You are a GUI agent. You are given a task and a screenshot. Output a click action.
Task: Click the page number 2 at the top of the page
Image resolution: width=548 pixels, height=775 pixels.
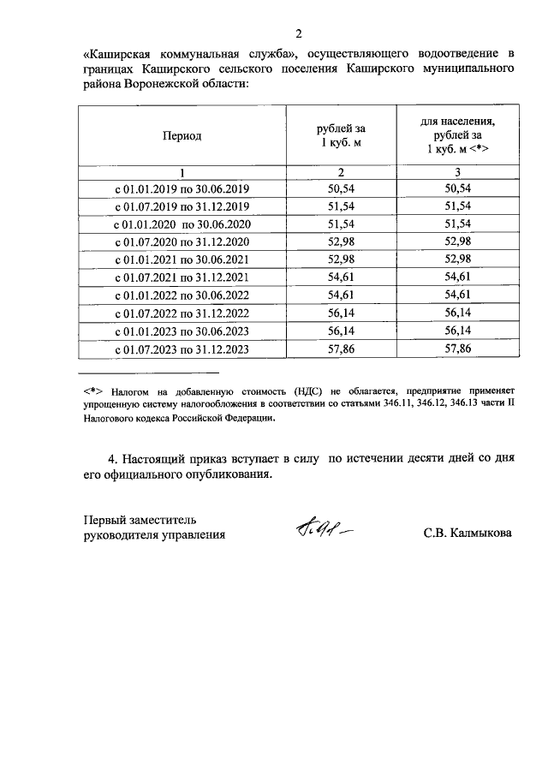299,33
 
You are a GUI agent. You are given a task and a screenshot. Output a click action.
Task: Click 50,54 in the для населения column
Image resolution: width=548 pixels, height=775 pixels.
458,188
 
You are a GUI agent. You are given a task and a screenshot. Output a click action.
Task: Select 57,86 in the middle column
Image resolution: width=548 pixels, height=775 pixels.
342,349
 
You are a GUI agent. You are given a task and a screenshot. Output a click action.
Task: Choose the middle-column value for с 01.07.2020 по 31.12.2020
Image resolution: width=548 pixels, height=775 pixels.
342,241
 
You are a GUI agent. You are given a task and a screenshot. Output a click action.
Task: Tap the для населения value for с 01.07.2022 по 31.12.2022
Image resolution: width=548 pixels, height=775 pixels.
458,313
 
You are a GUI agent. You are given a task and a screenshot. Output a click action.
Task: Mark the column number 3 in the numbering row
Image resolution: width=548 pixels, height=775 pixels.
458,171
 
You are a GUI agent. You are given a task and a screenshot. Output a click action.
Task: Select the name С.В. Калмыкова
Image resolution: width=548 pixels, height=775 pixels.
468,534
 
